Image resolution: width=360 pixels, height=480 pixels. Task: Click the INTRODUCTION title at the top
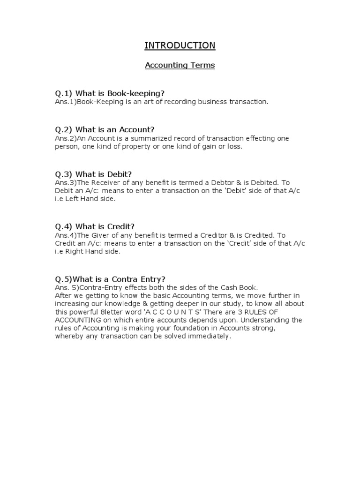(x=180, y=45)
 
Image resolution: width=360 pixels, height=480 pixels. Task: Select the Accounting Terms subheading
(x=180, y=66)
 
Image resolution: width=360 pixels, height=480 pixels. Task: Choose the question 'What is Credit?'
(x=97, y=226)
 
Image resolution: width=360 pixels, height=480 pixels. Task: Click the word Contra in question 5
(x=129, y=278)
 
